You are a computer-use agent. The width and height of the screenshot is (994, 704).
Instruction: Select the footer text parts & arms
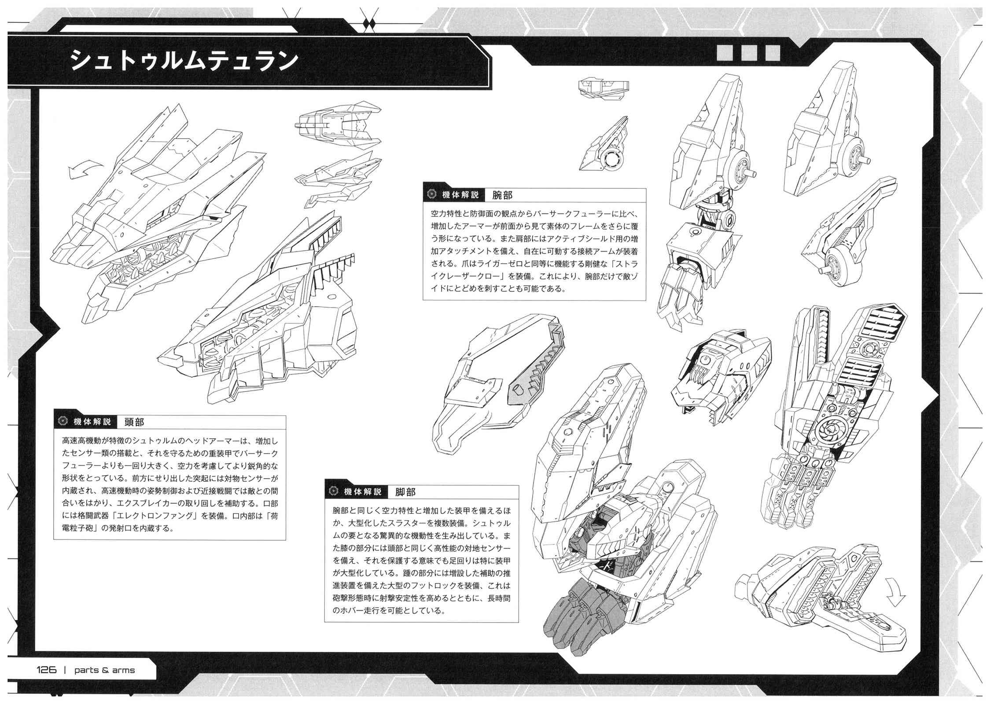pos(105,671)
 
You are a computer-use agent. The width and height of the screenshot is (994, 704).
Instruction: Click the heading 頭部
pos(134,422)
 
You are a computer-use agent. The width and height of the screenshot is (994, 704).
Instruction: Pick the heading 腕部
pos(503,195)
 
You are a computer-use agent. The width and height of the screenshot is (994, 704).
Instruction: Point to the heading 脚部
pos(405,492)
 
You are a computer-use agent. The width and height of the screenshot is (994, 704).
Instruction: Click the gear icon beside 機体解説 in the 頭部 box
pos(62,422)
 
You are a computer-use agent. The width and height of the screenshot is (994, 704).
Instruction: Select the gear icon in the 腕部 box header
pos(431,195)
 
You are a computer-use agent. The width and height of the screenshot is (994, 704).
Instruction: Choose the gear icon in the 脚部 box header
pos(333,492)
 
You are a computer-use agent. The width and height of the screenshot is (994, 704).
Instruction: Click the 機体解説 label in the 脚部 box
pos(362,492)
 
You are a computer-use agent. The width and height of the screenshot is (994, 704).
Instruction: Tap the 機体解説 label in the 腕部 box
pos(460,195)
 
